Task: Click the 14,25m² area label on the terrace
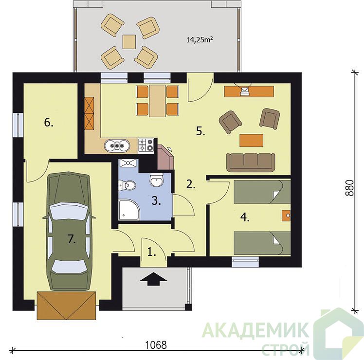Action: (200, 40)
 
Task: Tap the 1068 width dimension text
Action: (156, 345)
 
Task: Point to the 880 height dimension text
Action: (349, 188)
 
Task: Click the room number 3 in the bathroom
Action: (156, 201)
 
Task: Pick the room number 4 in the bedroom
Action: (245, 217)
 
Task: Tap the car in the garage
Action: (69, 231)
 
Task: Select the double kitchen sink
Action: (117, 145)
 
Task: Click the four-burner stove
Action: (146, 145)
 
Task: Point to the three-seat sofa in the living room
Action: (251, 162)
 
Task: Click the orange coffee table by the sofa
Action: (252, 141)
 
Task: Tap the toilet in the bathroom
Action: (127, 185)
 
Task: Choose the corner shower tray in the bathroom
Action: (129, 210)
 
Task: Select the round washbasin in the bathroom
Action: (157, 180)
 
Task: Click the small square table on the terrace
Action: (129, 42)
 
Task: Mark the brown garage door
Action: (66, 306)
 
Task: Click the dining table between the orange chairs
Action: (157, 101)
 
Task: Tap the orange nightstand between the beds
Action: (286, 216)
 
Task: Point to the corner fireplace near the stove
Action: (165, 157)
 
